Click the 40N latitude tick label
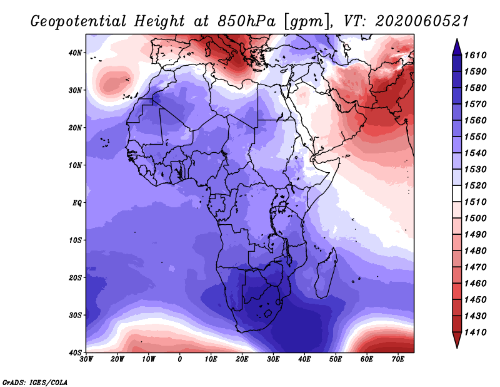point(75,53)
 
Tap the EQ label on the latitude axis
point(77,203)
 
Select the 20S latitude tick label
point(75,277)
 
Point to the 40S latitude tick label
point(75,353)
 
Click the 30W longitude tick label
point(86,359)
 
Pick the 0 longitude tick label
point(180,359)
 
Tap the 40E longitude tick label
point(304,359)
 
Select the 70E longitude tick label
point(398,359)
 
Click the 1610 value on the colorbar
point(475,55)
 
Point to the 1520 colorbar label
point(475,185)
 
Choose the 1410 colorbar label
point(475,333)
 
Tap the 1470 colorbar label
point(475,267)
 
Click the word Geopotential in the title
point(79,21)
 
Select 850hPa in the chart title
point(246,21)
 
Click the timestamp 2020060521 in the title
point(422,21)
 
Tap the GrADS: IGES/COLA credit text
point(35,382)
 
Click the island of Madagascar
point(326,273)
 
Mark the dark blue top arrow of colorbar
point(457,47)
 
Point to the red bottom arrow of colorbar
point(457,339)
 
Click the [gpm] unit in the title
point(307,22)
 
